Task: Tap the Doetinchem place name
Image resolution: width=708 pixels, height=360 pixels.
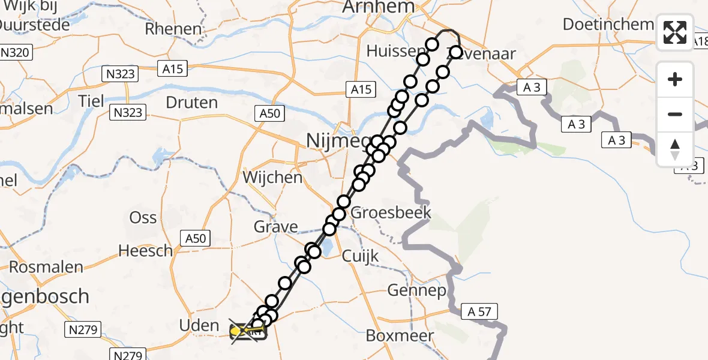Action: click(608, 25)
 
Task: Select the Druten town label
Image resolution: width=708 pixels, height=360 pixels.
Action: click(191, 103)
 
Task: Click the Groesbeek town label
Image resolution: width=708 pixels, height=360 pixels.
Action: click(391, 212)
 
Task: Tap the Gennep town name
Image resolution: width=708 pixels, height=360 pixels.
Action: click(416, 292)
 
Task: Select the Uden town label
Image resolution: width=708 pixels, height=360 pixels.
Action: click(199, 326)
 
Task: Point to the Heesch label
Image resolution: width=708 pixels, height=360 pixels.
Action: click(145, 251)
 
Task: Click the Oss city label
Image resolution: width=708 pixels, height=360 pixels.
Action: click(143, 218)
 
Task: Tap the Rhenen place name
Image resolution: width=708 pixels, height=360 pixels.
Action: click(173, 29)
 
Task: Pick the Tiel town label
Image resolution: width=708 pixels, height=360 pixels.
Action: click(91, 100)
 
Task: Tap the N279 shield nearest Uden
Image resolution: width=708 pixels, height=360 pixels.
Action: click(85, 329)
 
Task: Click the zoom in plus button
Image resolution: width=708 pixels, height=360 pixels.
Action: click(675, 79)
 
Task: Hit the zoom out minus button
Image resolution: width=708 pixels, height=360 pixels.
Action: click(675, 114)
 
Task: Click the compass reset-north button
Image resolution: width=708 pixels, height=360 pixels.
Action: click(675, 149)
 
